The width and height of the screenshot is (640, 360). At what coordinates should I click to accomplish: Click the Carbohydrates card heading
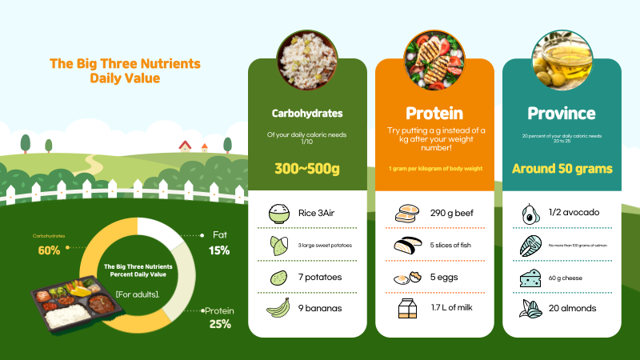pyautogui.click(x=307, y=114)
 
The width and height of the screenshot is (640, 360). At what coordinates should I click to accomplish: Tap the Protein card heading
pyautogui.click(x=434, y=114)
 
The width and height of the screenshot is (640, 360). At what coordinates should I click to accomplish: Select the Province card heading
pyautogui.click(x=562, y=114)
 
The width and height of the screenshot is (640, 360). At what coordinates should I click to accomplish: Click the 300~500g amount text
pyautogui.click(x=307, y=169)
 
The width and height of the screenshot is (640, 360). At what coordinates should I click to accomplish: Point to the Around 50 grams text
pyautogui.click(x=562, y=169)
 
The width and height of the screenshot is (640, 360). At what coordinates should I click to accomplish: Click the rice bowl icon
pyautogui.click(x=279, y=214)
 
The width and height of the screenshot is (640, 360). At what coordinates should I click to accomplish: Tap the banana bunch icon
pyautogui.click(x=278, y=307)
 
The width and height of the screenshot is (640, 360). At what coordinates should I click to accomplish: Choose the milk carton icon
pyautogui.click(x=407, y=307)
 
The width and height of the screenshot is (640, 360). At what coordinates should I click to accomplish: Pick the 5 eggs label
pyautogui.click(x=444, y=277)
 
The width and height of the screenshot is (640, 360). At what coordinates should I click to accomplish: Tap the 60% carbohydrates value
pyautogui.click(x=49, y=251)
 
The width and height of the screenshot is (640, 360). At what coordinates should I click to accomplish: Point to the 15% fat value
pyautogui.click(x=219, y=250)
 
